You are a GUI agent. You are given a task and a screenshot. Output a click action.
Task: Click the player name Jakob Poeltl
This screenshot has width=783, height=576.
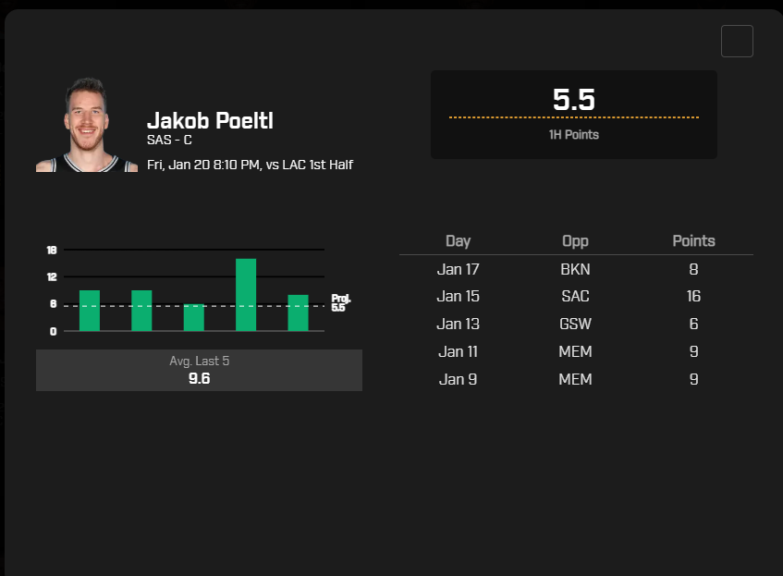click(x=210, y=121)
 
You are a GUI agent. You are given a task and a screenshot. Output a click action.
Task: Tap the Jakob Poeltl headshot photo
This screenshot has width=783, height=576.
click(x=87, y=125)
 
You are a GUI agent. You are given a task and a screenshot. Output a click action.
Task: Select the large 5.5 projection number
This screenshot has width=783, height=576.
click(x=574, y=100)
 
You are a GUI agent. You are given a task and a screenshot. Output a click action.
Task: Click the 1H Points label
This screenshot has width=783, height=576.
click(x=574, y=134)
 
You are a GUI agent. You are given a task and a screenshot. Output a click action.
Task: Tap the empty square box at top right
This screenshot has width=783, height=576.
click(x=737, y=41)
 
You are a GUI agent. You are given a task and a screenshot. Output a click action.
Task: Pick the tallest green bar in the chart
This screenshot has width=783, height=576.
click(x=246, y=295)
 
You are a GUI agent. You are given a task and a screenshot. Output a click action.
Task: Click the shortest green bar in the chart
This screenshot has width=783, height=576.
click(x=194, y=317)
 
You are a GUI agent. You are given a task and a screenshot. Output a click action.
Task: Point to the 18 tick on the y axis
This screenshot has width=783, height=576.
click(x=52, y=250)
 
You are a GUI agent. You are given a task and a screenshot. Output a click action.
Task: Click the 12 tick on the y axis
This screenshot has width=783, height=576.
click(x=52, y=276)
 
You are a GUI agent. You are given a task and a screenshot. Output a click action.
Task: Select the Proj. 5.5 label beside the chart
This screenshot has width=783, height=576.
click(x=341, y=302)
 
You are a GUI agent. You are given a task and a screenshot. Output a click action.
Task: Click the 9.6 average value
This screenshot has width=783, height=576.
click(x=200, y=379)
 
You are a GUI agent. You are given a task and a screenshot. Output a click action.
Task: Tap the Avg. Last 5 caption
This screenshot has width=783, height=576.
click(x=200, y=361)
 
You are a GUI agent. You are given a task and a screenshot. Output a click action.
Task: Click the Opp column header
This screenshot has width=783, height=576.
click(x=575, y=241)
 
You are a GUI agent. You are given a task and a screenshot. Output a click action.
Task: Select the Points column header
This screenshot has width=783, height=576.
click(x=693, y=240)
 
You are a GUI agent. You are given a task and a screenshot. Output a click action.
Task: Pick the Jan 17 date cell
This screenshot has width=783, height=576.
click(x=458, y=269)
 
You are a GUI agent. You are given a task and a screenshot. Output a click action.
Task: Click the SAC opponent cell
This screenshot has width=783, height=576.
click(x=575, y=296)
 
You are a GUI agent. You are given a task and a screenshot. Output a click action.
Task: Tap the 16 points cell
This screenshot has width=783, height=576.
click(x=693, y=296)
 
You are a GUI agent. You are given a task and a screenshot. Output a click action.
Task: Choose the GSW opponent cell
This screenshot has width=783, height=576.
click(x=575, y=324)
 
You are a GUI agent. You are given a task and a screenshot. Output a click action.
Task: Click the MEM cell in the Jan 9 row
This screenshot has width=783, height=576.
click(x=575, y=379)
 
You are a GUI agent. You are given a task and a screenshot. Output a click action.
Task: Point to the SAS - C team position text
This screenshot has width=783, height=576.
click(x=169, y=140)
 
